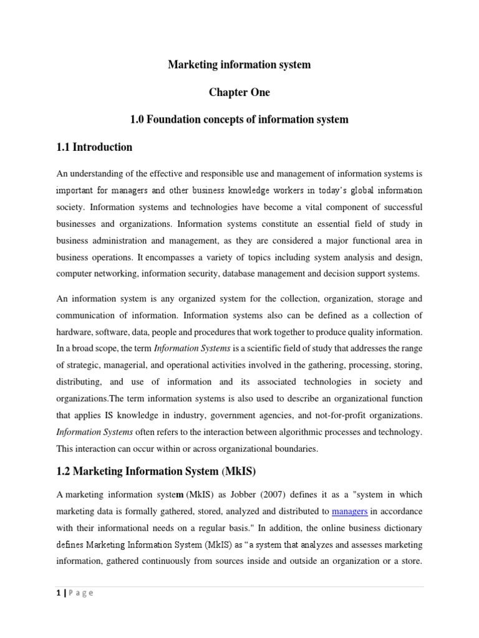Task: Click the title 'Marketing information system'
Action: (x=239, y=65)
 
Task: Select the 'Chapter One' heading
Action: (x=239, y=92)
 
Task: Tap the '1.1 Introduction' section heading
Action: (x=94, y=147)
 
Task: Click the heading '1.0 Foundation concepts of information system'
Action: (x=239, y=120)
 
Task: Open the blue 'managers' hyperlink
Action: (x=350, y=512)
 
